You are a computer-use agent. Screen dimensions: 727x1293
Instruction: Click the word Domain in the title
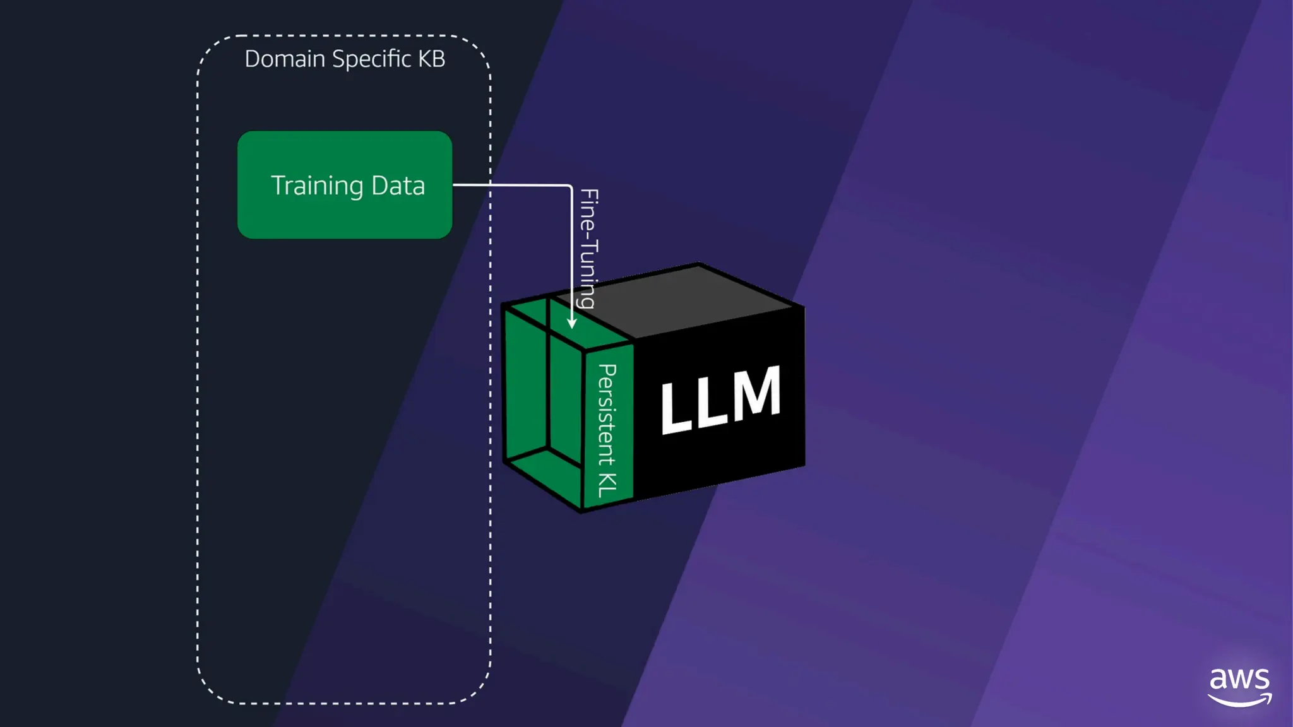tap(285, 59)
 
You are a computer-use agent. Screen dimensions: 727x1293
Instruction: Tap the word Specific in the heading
tap(372, 59)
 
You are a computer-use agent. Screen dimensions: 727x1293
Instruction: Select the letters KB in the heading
tap(432, 59)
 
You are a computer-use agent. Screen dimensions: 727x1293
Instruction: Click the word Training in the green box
tap(317, 186)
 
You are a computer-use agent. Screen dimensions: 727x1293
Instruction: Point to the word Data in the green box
tap(398, 186)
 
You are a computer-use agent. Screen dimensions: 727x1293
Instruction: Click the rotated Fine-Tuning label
tap(588, 247)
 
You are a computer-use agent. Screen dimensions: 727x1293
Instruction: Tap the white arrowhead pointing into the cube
tap(571, 323)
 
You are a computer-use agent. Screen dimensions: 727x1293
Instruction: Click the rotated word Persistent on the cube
tap(607, 413)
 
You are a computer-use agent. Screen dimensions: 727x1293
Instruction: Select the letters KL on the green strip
tap(607, 484)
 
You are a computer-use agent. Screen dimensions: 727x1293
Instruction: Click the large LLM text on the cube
tap(720, 400)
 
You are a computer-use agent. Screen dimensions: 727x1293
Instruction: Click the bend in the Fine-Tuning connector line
tap(571, 186)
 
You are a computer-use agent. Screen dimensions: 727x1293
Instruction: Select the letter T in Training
tap(278, 185)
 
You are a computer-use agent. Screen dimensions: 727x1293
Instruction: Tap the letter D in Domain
tap(253, 59)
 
